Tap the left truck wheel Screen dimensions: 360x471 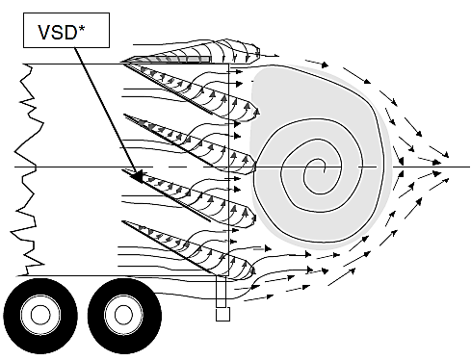pos(40,314)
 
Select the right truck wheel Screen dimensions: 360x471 pos(120,314)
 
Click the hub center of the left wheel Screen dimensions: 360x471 pos(40,315)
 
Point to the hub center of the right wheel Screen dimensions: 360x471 pos(120,315)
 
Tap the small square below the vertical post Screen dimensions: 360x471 pos(222,314)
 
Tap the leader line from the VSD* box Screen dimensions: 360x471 pos(106,111)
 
